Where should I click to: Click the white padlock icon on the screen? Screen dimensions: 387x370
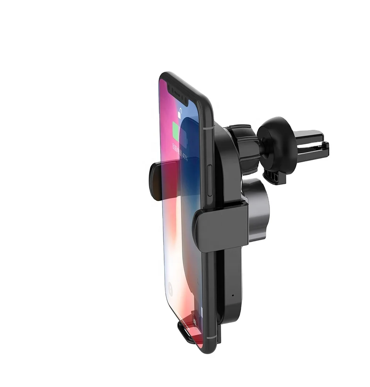179,113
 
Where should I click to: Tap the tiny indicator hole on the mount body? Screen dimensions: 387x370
232,296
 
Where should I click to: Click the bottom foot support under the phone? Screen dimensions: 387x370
189,331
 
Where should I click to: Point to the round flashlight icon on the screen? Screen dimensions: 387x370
170,287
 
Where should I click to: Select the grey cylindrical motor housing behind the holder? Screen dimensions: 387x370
255,209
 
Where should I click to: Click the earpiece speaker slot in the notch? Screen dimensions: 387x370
176,94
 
